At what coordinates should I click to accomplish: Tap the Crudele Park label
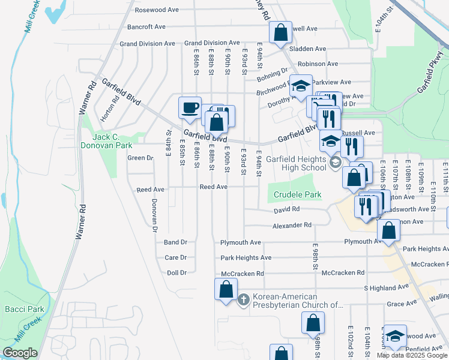[298, 194]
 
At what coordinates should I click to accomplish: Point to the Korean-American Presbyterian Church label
[297, 301]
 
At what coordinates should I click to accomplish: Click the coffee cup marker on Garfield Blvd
[190, 108]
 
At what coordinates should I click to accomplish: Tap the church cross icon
[244, 299]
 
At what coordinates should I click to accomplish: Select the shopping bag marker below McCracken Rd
[225, 289]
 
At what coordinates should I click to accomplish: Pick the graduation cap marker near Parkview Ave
[301, 86]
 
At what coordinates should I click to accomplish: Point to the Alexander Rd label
[292, 225]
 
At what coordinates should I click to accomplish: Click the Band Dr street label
[175, 242]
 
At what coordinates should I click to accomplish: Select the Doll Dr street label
[176, 272]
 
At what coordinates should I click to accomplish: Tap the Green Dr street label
[140, 158]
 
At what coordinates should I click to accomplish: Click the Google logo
[20, 353]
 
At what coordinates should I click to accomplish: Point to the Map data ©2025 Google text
[411, 355]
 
